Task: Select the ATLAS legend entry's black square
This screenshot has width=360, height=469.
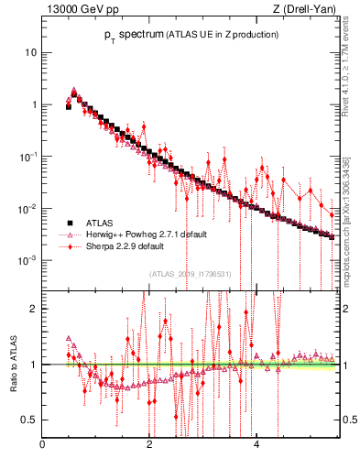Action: tap(69, 223)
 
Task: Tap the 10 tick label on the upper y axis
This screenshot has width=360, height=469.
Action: tap(30, 52)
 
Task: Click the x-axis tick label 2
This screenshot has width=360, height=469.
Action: tap(149, 448)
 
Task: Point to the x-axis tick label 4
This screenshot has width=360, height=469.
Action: tap(256, 448)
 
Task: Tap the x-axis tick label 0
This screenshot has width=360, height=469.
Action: tap(42, 448)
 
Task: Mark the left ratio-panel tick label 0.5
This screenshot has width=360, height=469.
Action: tap(29, 420)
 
